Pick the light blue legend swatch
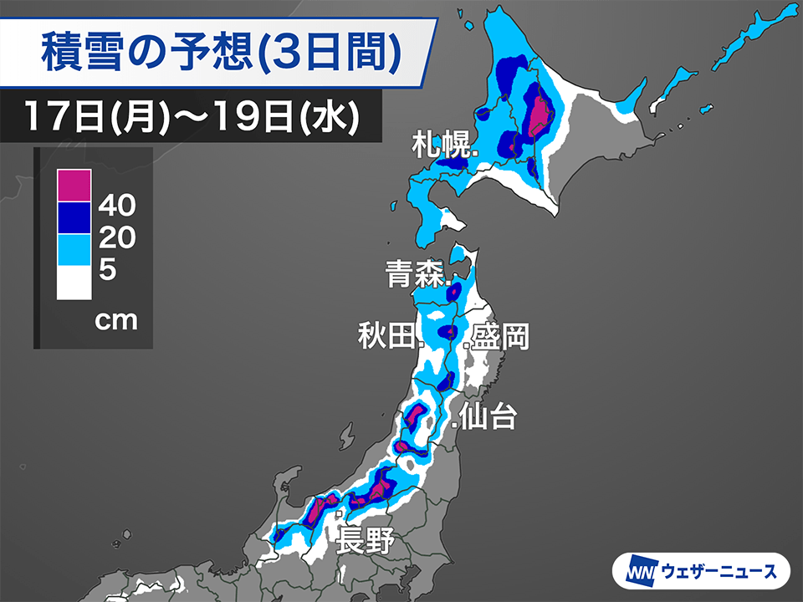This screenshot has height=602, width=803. [73, 249]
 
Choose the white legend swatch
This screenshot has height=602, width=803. [73, 282]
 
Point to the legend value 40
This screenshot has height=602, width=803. [116, 203]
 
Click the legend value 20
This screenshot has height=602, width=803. [116, 237]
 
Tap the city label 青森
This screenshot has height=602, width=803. [415, 274]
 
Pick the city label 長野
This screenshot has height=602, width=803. [365, 539]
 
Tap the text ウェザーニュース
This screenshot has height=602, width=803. [719, 573]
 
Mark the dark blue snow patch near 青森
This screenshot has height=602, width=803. [454, 293]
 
